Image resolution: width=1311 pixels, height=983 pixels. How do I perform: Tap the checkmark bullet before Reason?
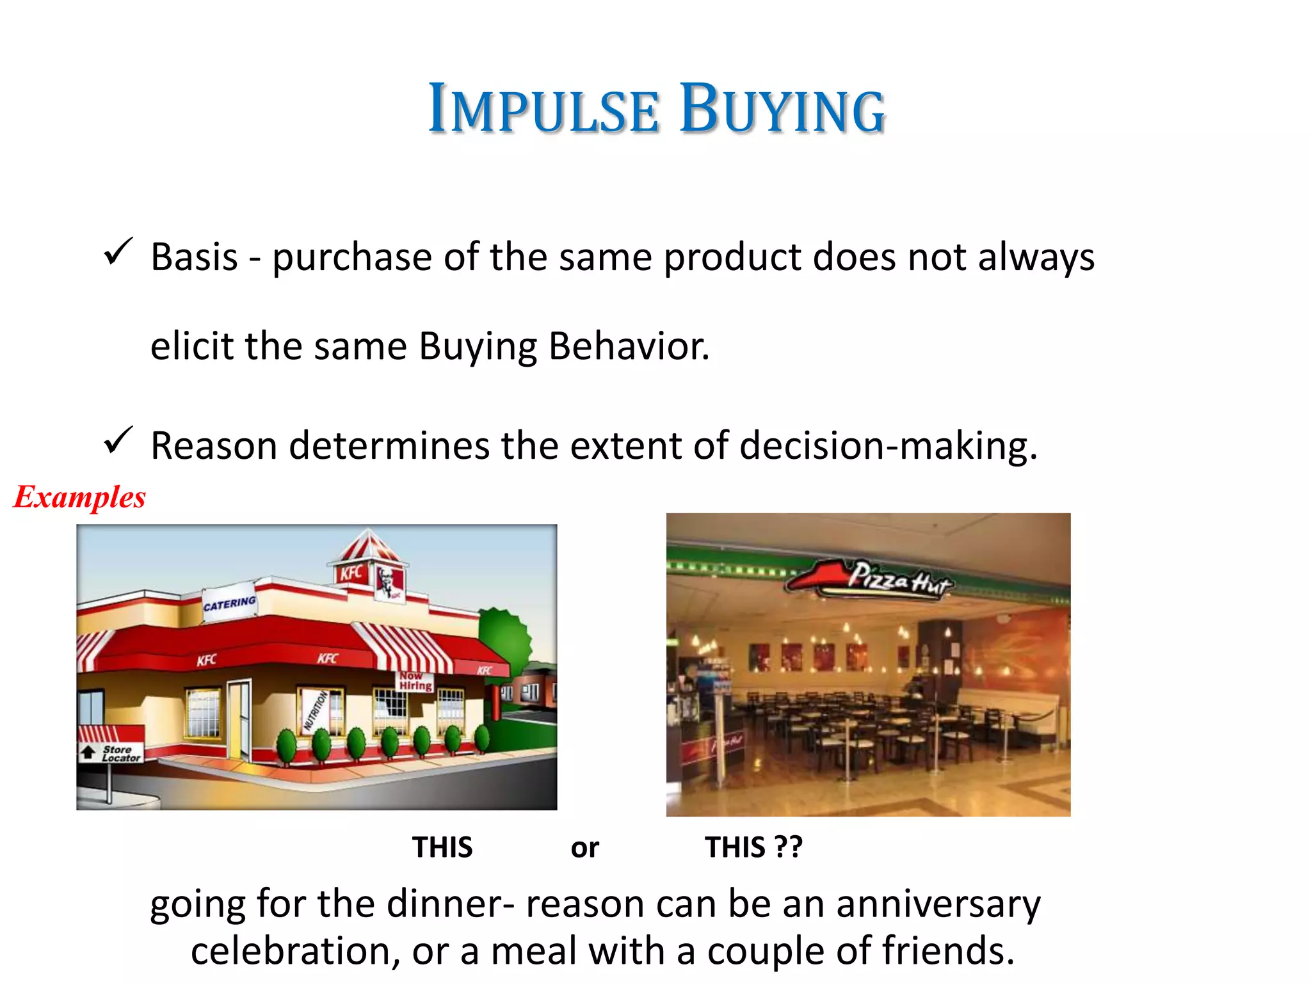[x=118, y=441]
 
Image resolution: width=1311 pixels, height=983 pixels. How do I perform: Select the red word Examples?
[x=80, y=497]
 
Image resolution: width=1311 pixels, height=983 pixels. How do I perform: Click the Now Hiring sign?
[x=415, y=681]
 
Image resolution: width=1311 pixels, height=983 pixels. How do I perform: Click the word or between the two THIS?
[x=584, y=848]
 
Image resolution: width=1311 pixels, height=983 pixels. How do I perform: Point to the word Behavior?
[x=629, y=346]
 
